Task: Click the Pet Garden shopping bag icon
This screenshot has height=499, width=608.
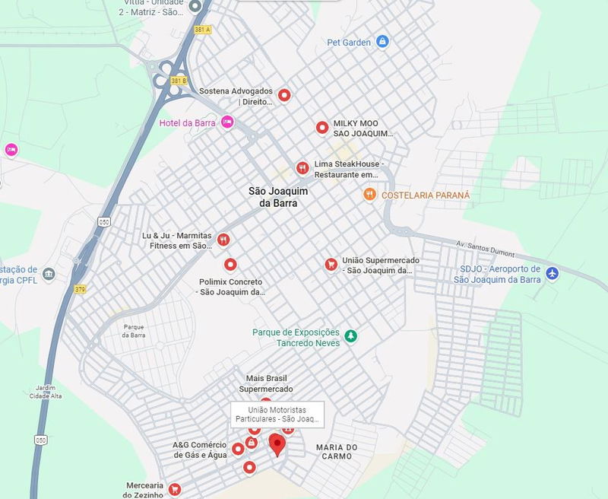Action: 382,42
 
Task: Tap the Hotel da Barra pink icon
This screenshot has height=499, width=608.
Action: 227,122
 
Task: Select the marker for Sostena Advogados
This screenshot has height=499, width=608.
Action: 284,95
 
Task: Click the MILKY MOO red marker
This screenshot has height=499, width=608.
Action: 321,127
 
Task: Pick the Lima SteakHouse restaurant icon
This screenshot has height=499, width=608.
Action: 302,168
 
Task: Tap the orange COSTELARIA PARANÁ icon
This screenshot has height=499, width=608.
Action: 369,195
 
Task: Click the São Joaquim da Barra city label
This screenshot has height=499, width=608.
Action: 278,198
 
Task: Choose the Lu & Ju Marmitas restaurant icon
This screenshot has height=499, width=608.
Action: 223,240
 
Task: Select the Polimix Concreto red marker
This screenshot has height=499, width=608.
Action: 230,265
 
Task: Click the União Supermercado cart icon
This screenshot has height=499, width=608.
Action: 331,264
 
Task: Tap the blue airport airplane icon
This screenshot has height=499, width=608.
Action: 553,273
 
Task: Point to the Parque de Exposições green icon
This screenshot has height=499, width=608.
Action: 350,335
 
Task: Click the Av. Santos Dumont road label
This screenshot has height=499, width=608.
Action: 484,248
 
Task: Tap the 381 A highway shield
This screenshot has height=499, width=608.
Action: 202,30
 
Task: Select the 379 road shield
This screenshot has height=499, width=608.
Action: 81,289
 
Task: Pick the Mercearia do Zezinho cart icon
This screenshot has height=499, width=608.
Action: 175,488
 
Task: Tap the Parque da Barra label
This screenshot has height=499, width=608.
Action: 134,330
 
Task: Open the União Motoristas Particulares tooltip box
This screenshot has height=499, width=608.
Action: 277,415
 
